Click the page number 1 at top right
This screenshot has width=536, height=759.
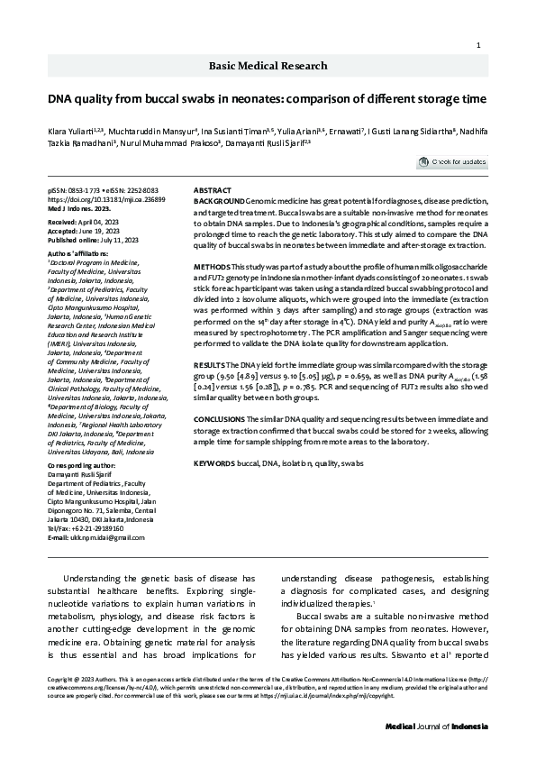point(477,45)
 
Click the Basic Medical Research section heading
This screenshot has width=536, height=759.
point(268,66)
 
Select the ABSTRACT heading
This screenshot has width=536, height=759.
point(213,191)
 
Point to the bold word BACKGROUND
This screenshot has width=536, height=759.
point(219,199)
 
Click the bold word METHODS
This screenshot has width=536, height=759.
point(213,269)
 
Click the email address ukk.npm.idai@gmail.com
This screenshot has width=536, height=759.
point(95,512)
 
